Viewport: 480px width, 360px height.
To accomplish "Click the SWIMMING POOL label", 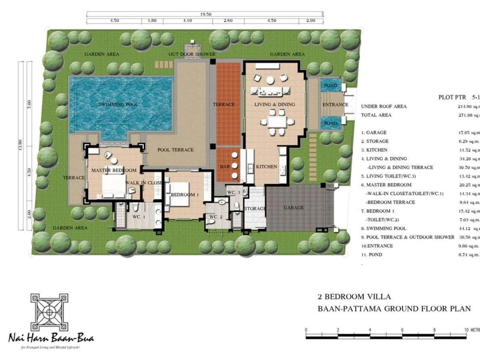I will tap(118, 105).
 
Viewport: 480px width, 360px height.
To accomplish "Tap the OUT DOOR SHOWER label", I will tap(192, 54).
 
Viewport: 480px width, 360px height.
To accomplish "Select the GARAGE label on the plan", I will tap(294, 208).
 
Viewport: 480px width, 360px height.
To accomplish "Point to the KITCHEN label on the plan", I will tap(266, 167).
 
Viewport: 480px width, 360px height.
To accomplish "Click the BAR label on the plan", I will tap(225, 167).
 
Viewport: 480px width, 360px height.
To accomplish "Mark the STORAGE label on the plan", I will tap(255, 209).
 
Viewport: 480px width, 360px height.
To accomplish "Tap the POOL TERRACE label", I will tap(175, 150).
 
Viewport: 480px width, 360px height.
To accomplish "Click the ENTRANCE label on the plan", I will tap(335, 105).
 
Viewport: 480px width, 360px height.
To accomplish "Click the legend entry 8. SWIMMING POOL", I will tap(384, 228).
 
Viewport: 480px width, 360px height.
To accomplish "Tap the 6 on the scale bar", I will tap(402, 330).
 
